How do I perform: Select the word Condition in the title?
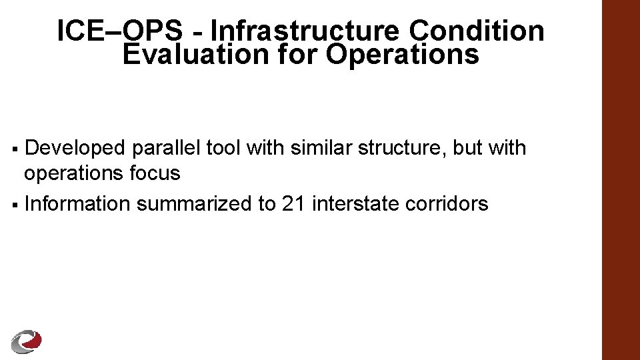pyautogui.click(x=477, y=31)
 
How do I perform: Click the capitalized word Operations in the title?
pyautogui.click(x=402, y=55)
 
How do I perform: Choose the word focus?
pyautogui.click(x=155, y=173)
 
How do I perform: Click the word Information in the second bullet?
pyautogui.click(x=77, y=203)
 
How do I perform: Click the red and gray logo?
pyautogui.click(x=27, y=341)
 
